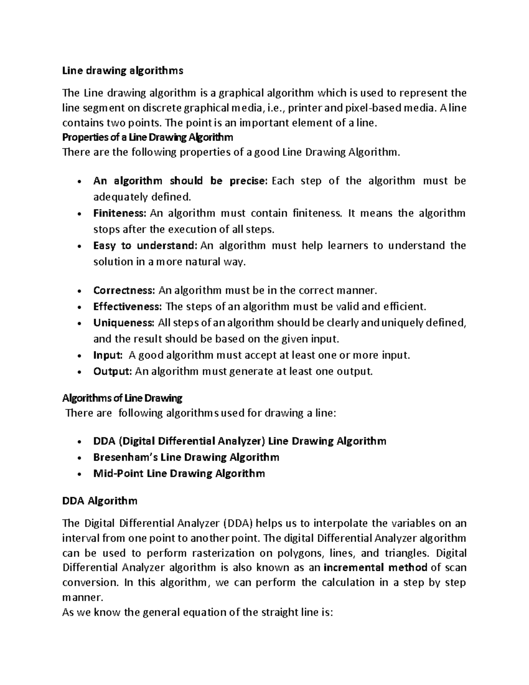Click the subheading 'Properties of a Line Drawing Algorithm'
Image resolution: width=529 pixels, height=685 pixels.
pos(148,138)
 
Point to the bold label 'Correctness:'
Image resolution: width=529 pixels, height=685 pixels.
pos(124,291)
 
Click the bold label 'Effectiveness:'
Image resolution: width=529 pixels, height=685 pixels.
pos(127,307)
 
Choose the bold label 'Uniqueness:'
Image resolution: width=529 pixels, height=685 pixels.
pos(123,323)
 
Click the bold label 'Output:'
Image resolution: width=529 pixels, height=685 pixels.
pos(112,371)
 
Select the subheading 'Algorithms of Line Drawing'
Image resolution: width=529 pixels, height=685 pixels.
pos(122,398)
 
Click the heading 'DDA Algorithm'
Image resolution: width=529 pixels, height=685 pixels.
pos(100,501)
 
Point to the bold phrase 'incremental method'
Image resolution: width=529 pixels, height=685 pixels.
pos(375,567)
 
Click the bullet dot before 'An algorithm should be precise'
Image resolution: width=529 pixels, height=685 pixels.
pos(78,182)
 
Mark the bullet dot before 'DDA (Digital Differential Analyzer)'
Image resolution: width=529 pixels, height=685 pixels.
pos(78,442)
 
